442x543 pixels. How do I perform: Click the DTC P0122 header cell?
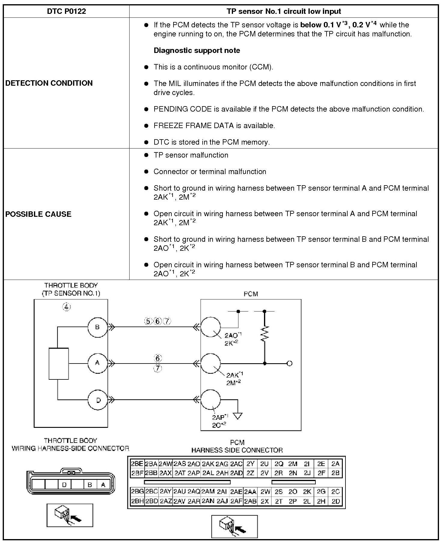pos(66,11)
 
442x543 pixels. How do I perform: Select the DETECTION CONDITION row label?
pos(49,83)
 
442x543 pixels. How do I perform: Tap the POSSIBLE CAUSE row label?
pos(38,214)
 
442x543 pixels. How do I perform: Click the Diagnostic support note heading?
pos(197,50)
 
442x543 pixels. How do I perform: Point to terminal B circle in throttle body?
pos(97,327)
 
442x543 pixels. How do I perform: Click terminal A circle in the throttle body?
pos(97,363)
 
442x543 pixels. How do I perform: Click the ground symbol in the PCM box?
pos(238,416)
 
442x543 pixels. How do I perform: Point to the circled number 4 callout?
pos(66,307)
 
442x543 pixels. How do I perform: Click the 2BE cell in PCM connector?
pos(137,464)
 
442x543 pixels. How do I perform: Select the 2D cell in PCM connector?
pos(335,501)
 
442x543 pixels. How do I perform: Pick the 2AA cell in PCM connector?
pos(250,492)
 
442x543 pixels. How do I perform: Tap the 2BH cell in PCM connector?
pos(137,501)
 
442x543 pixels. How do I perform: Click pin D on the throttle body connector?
pos(64,485)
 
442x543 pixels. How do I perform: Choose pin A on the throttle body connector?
pos(103,485)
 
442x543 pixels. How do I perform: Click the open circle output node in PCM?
pos(290,364)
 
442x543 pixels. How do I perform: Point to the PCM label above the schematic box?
pos(250,294)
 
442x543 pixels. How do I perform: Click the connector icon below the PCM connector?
pos(235,526)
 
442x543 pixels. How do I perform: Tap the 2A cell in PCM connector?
pos(335,464)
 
